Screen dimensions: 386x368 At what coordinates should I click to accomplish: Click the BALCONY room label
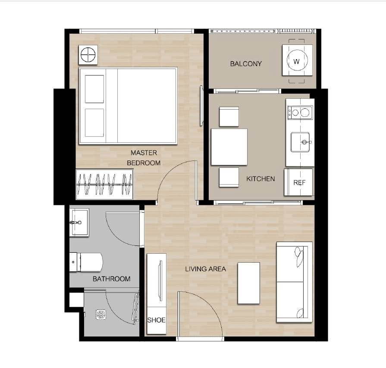[246, 64]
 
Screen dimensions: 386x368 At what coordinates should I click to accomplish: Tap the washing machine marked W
[297, 60]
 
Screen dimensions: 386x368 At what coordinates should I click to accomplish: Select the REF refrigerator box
[298, 182]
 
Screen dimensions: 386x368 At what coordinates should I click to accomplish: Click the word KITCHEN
[260, 179]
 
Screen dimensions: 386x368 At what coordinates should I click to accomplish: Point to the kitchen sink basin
[300, 142]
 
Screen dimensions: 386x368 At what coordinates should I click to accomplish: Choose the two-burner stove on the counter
[300, 113]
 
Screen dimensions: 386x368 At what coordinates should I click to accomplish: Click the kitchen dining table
[229, 147]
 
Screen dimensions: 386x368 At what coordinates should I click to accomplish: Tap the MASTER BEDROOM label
[144, 157]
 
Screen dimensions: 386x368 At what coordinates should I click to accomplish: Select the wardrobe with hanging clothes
[105, 184]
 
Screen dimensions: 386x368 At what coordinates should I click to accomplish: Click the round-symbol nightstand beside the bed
[88, 55]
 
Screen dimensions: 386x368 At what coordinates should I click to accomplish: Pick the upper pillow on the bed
[94, 89]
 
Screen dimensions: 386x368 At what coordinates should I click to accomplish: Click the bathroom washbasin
[79, 223]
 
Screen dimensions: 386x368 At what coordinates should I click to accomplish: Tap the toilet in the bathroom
[86, 262]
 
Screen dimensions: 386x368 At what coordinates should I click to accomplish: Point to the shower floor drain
[101, 315]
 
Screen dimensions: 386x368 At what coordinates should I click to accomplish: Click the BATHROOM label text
[111, 279]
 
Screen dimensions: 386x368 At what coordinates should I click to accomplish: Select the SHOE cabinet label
[156, 320]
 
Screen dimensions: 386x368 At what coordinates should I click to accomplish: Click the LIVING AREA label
[206, 269]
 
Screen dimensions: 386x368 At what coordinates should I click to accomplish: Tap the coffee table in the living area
[248, 283]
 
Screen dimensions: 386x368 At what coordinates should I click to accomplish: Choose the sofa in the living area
[295, 282]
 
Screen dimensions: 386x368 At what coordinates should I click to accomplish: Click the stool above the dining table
[229, 116]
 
